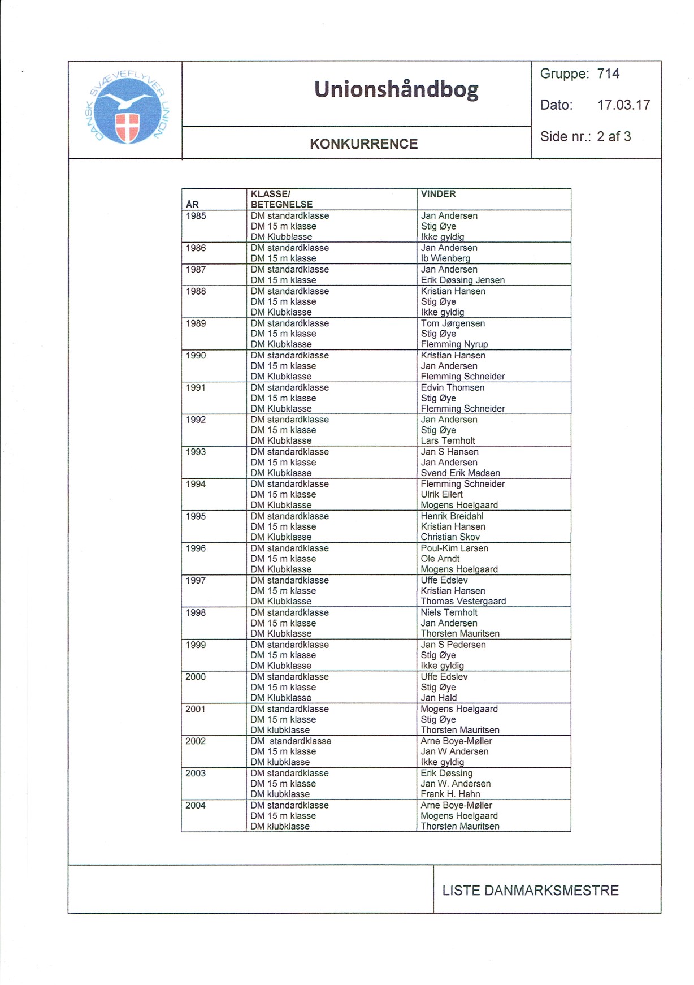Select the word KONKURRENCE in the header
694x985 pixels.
[363, 144]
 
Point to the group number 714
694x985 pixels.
[608, 74]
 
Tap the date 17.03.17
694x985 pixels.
[623, 105]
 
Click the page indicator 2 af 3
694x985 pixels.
[614, 136]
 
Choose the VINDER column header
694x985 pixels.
[438, 194]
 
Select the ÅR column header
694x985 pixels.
[192, 204]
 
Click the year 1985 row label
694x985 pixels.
[196, 216]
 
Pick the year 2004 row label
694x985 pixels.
[196, 805]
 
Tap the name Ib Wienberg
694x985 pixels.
[445, 258]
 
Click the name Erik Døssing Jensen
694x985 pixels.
[462, 280]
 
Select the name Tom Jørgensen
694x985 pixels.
[453, 323]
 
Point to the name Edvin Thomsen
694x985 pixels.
[452, 387]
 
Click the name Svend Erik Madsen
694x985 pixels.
[460, 473]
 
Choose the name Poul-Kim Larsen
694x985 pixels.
[454, 548]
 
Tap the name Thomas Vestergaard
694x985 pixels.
[463, 601]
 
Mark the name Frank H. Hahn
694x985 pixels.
[450, 794]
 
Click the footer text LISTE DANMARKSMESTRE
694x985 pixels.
[530, 891]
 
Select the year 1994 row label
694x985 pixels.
[196, 484]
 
